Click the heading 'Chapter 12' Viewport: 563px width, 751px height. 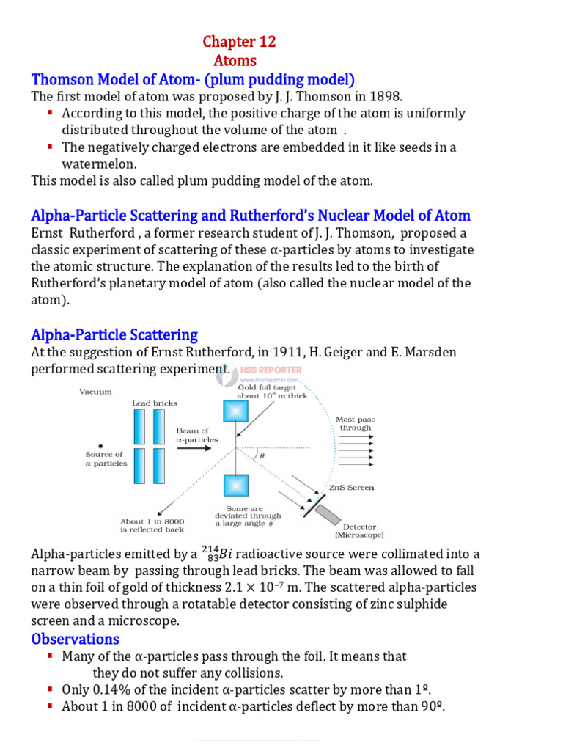pos(239,42)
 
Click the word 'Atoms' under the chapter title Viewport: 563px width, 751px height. pos(235,61)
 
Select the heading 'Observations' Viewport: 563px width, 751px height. pos(75,639)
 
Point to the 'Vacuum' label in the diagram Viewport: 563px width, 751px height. pos(95,392)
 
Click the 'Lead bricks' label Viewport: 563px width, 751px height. pos(154,403)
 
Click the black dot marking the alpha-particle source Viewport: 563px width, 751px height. pos(100,444)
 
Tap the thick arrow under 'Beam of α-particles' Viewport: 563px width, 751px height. pos(195,449)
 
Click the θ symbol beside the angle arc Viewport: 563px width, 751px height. pos(262,455)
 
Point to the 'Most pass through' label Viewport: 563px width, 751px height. pos(356,423)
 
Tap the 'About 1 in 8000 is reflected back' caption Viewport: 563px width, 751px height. pos(152,525)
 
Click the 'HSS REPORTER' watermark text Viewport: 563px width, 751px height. pos(271,370)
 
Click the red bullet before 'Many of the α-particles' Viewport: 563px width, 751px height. pos(49,655)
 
